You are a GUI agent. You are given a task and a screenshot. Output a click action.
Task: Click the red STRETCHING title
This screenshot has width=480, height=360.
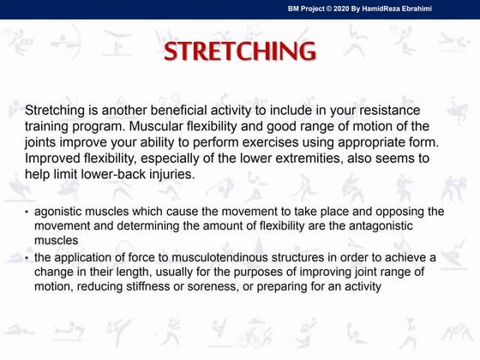pos(240,51)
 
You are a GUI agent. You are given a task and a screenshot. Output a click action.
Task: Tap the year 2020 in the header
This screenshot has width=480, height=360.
pos(345,8)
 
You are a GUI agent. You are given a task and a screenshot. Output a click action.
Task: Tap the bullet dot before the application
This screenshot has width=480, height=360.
pos(27,258)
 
